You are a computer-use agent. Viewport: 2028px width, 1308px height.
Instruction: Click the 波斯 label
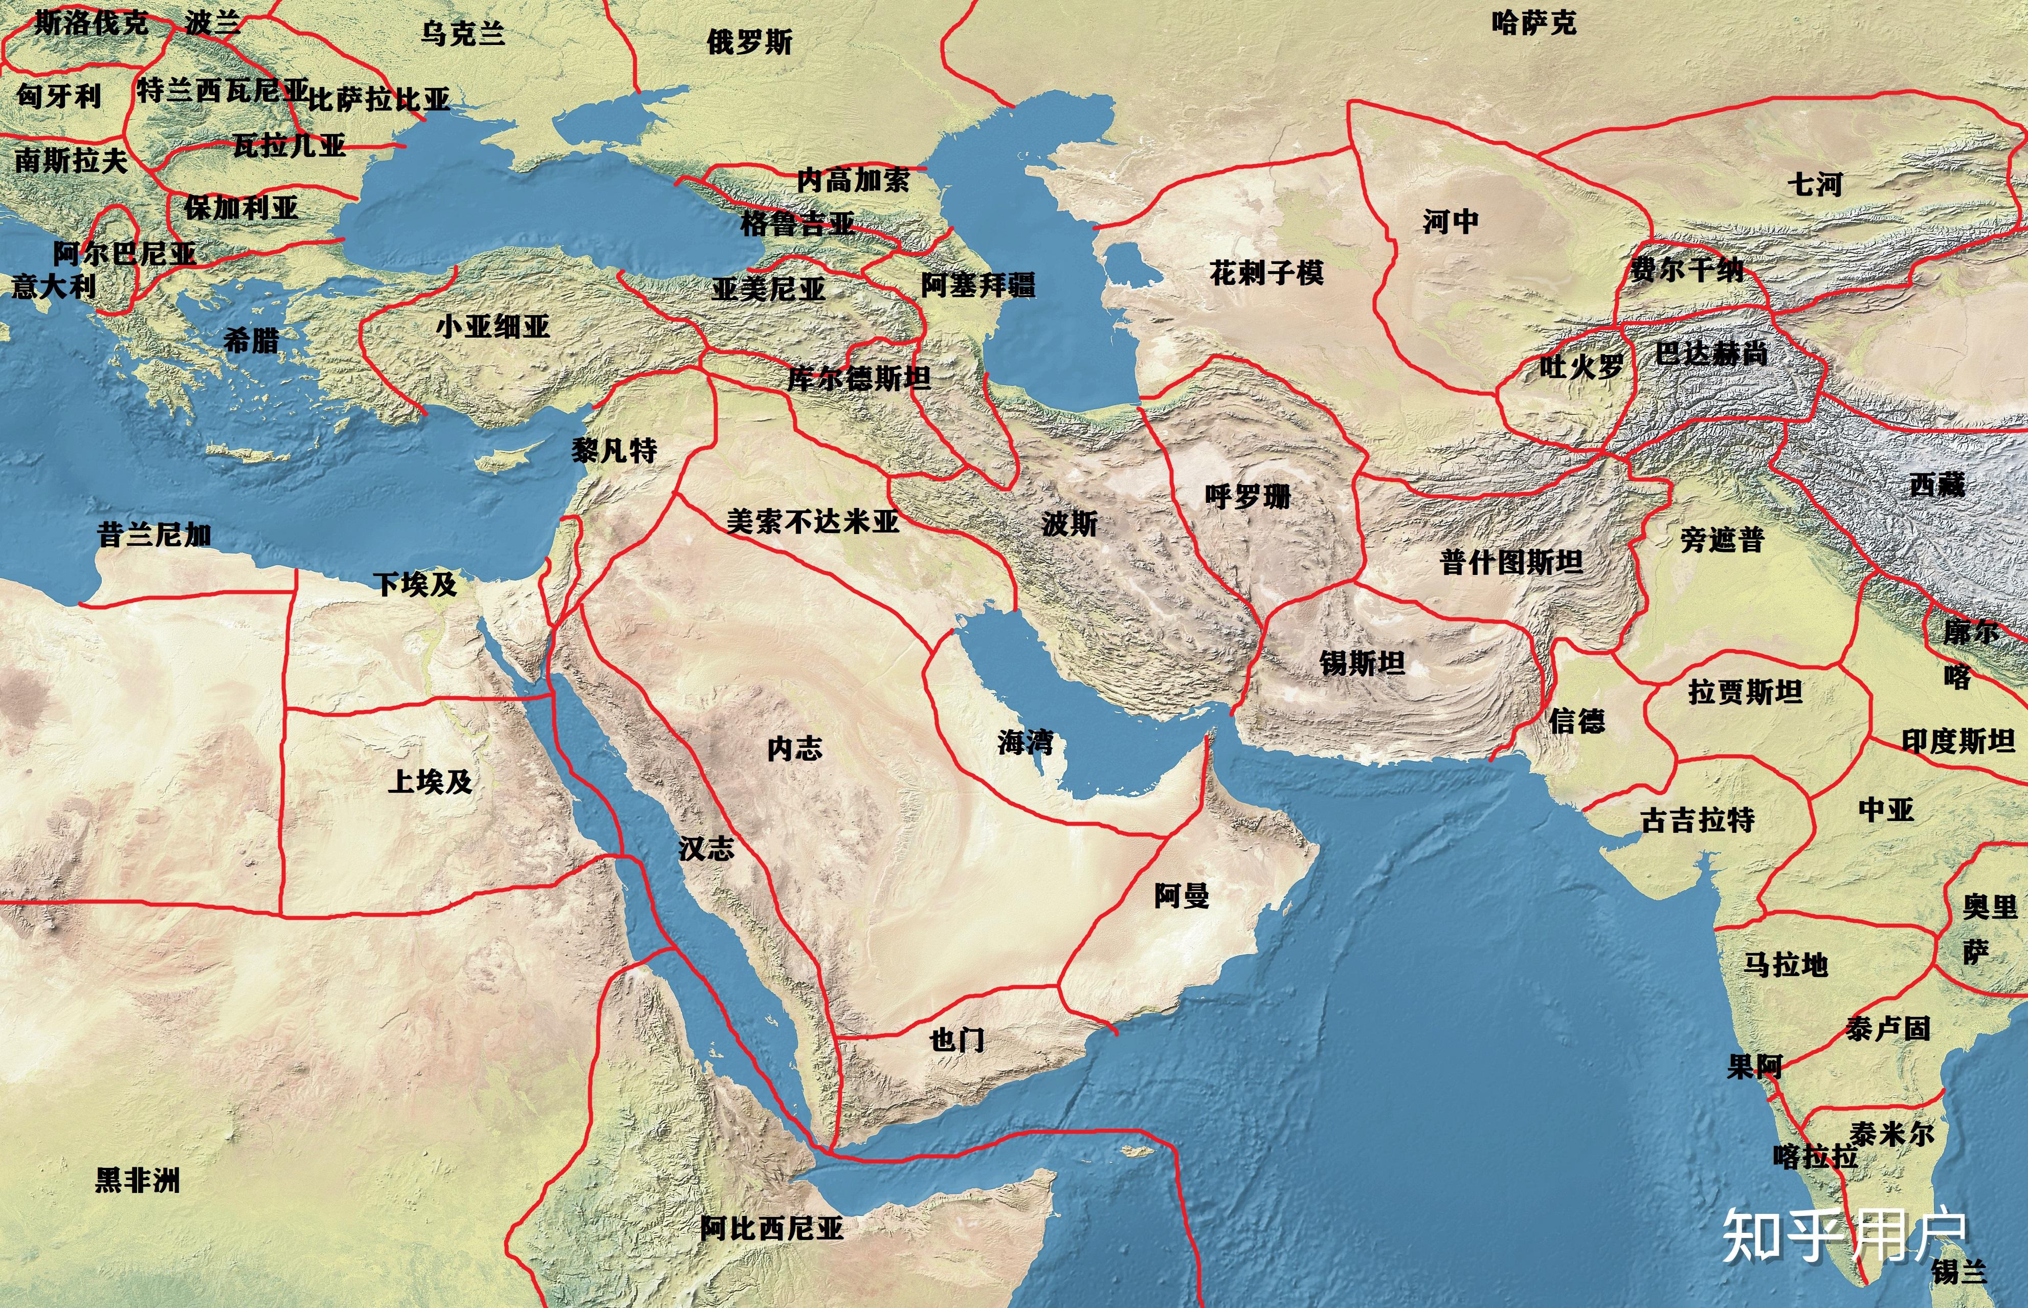click(1069, 523)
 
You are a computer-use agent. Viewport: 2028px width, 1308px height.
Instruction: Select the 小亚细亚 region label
click(493, 326)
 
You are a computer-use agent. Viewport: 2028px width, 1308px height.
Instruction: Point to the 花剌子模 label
click(1266, 273)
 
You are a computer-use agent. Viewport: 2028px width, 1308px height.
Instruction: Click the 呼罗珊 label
click(1247, 496)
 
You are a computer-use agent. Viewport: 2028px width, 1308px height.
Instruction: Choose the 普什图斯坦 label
click(1511, 562)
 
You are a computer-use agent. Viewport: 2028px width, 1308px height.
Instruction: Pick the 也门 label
click(956, 1039)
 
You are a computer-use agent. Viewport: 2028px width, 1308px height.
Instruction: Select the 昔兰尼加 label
click(154, 535)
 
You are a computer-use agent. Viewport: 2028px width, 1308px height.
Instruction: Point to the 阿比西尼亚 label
click(771, 1228)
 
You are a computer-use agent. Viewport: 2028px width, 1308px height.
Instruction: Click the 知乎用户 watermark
click(1843, 1236)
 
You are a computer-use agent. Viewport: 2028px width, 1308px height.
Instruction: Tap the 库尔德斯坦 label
click(859, 378)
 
